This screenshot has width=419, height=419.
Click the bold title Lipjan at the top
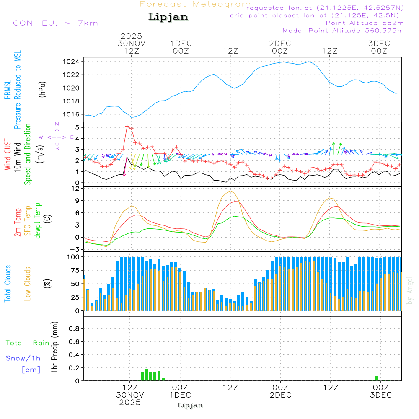pos(168,17)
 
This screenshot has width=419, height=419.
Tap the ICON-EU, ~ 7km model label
pos(54,23)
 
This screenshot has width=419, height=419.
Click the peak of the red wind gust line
pos(127,126)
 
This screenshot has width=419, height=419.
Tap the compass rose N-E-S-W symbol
pos(57,137)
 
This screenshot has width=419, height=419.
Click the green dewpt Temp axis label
pos(38,220)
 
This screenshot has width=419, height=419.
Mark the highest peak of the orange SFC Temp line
pos(230,191)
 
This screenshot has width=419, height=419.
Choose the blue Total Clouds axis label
pos(8,284)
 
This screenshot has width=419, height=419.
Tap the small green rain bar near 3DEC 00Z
pos(376,378)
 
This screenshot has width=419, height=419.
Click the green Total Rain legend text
pos(28,343)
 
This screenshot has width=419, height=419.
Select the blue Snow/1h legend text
pos(23,359)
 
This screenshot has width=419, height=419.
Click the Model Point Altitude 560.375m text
pos(343,31)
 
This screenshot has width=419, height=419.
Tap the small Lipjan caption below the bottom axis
pos(190,405)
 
